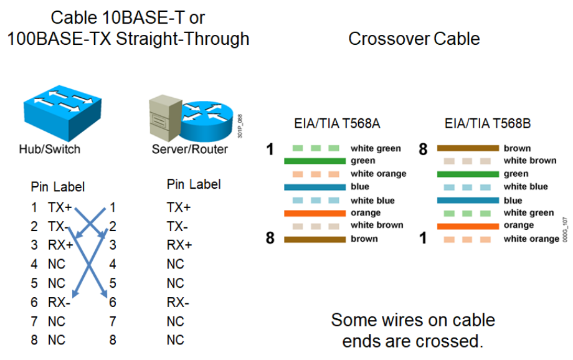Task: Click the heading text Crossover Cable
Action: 414,39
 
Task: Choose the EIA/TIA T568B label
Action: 488,123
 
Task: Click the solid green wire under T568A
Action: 315,161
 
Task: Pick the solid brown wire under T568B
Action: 468,148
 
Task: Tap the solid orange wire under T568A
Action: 315,213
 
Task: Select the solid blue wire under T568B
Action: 468,201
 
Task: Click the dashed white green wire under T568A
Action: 316,148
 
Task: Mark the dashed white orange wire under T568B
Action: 468,239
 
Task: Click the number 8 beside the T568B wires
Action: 423,149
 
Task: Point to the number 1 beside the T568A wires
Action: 270,149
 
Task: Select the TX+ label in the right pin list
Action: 179,207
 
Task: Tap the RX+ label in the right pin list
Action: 179,245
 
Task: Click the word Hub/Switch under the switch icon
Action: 49,149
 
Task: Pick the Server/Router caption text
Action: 190,149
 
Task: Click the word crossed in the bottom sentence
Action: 448,341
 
